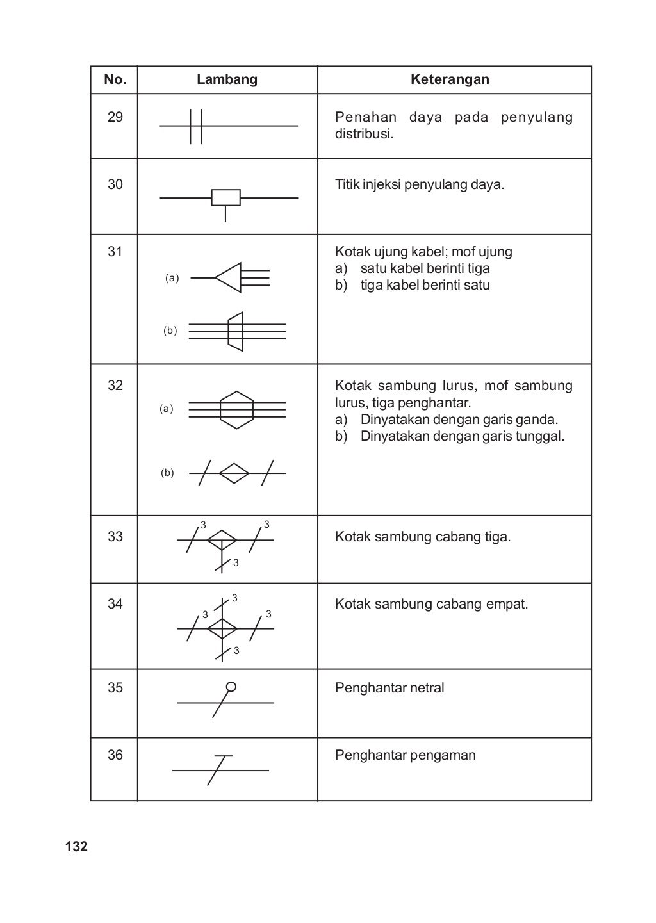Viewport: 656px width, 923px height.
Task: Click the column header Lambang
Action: click(227, 79)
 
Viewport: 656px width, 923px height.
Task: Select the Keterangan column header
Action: click(450, 79)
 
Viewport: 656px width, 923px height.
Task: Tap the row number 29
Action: click(115, 117)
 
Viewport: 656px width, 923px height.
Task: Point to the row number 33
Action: click(115, 537)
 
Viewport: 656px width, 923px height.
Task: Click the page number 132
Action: click(76, 847)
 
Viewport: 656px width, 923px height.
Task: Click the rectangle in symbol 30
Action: click(225, 198)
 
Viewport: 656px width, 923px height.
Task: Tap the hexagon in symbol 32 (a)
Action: click(236, 409)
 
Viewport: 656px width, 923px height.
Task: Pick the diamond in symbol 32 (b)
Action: click(234, 473)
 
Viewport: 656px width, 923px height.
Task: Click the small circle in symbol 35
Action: click(231, 687)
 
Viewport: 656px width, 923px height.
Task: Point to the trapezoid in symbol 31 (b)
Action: click(236, 331)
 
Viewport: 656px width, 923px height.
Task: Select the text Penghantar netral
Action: click(389, 688)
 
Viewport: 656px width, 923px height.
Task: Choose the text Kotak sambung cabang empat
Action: click(431, 604)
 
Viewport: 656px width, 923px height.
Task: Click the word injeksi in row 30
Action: click(382, 185)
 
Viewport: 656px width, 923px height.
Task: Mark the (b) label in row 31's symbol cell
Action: click(170, 331)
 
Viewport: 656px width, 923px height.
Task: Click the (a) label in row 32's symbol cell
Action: click(167, 409)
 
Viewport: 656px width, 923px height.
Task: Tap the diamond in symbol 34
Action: click(222, 628)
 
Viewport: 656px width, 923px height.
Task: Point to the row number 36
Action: click(115, 755)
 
